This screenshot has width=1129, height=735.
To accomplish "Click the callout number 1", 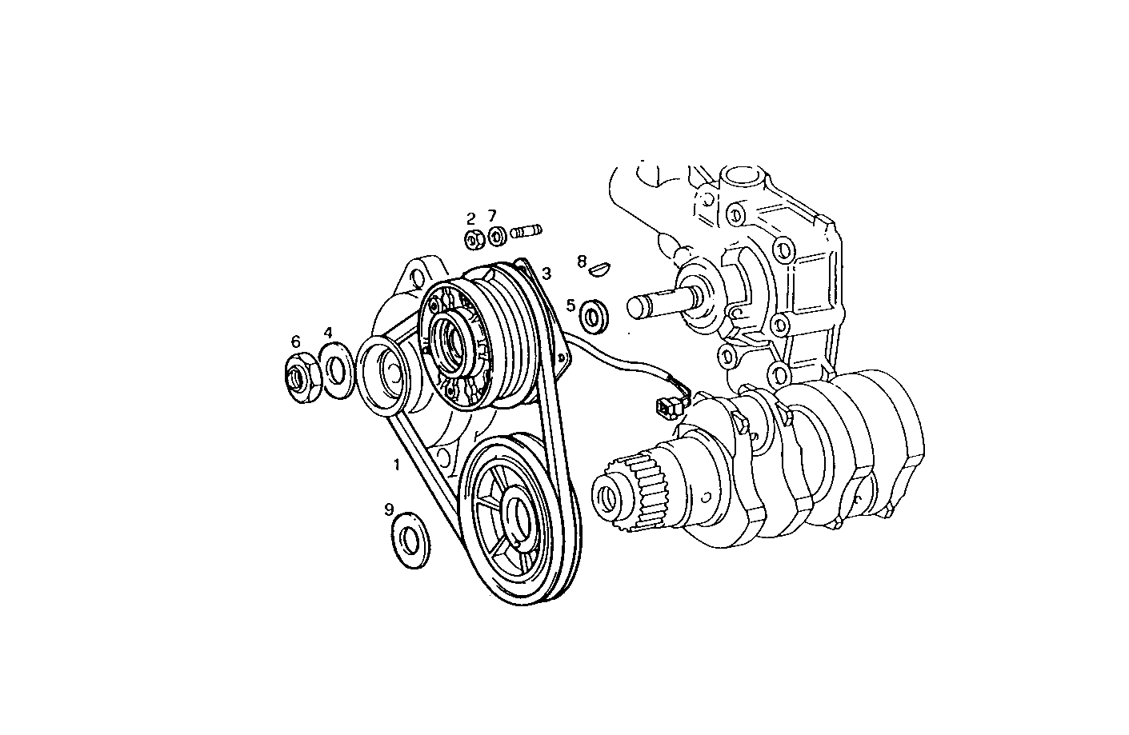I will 395,464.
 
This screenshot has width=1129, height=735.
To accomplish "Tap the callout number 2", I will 471,218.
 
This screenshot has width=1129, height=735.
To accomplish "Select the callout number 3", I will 546,274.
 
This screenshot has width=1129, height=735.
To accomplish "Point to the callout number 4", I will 328,332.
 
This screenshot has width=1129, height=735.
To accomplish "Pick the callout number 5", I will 571,305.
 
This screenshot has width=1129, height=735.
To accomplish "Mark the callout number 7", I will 492,216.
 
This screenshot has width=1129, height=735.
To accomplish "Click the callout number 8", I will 583,261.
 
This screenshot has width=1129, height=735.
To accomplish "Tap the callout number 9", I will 389,509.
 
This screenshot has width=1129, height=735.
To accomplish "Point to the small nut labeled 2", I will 473,238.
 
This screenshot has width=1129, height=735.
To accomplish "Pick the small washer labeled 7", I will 496,237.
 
